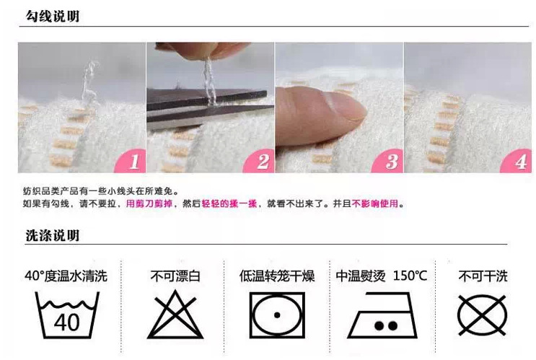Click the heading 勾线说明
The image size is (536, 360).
click(x=52, y=16)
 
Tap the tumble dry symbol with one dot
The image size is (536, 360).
click(x=276, y=315)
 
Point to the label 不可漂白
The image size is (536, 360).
click(x=174, y=276)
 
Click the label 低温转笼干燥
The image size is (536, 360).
click(x=277, y=276)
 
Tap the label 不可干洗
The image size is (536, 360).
click(x=483, y=276)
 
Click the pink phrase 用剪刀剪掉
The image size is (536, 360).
click(x=150, y=204)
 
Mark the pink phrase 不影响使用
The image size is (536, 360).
click(x=374, y=204)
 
